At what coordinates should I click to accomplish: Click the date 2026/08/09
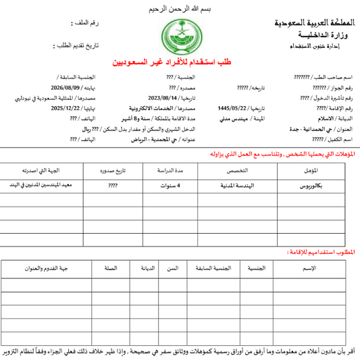click(x=66, y=88)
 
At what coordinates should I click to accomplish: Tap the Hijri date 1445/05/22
click(x=232, y=107)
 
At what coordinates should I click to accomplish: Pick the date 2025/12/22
click(x=66, y=107)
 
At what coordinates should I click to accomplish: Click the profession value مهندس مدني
click(x=245, y=117)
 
